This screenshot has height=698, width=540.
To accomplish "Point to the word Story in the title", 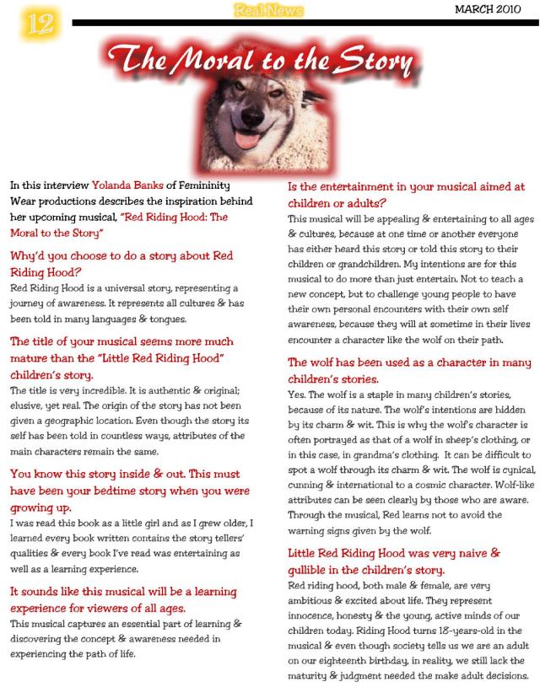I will (373, 61).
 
